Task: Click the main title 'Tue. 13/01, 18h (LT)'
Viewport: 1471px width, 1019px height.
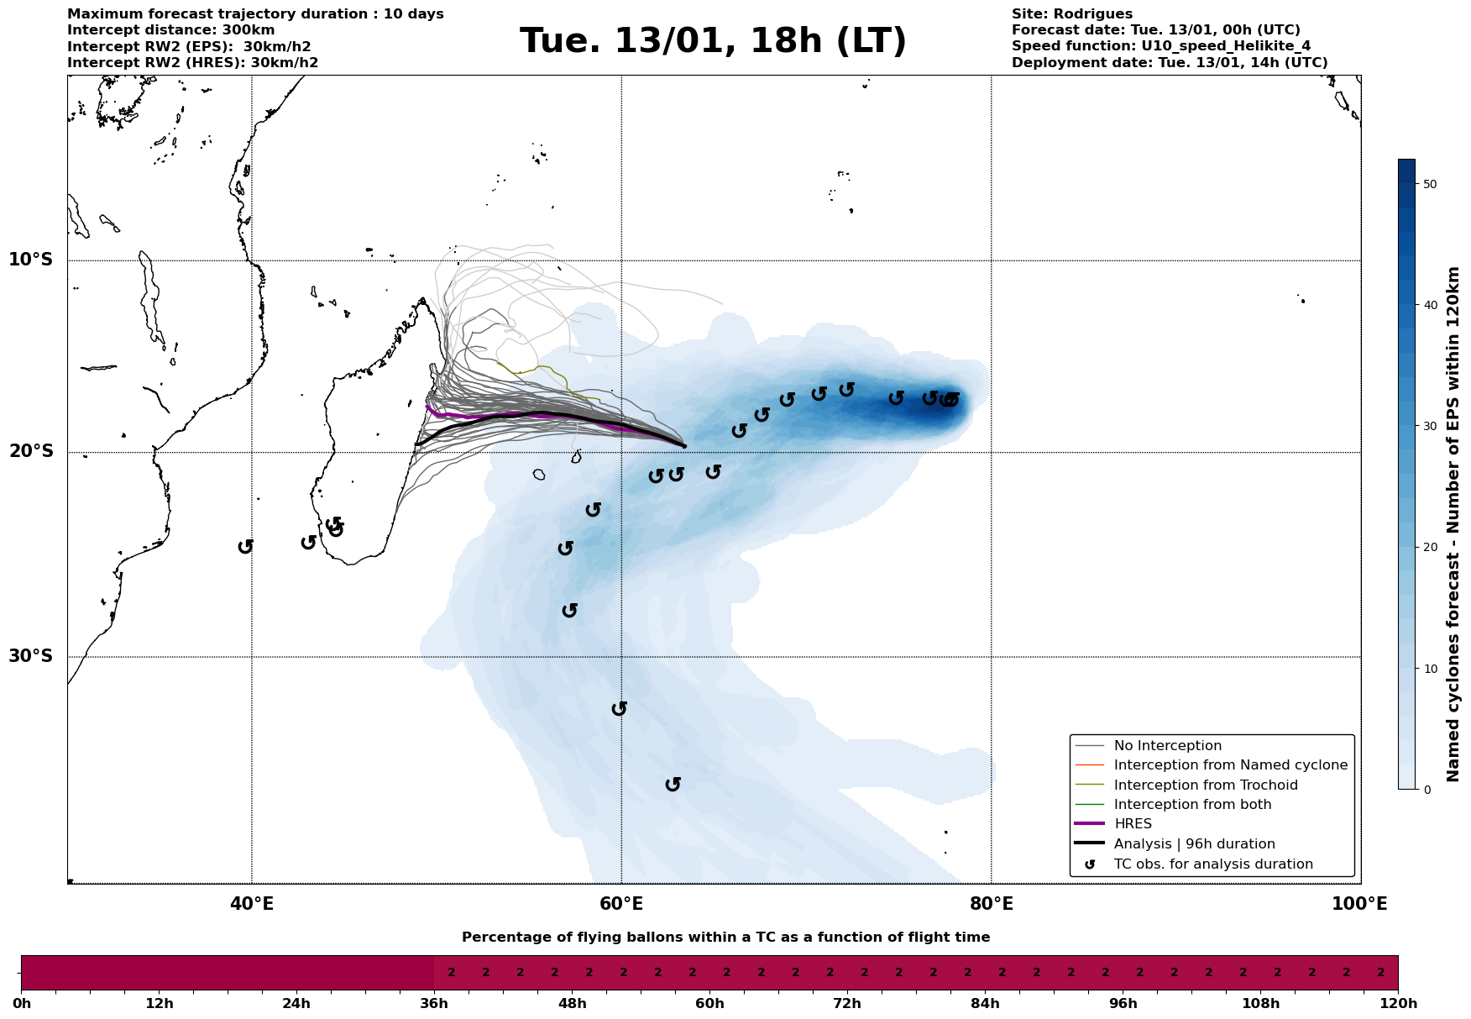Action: [x=713, y=41]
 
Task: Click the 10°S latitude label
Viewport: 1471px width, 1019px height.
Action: [x=31, y=260]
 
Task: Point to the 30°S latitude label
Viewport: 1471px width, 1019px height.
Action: [x=31, y=656]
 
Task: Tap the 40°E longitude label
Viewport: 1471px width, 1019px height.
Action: [x=252, y=905]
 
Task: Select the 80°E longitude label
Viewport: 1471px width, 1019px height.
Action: [x=991, y=905]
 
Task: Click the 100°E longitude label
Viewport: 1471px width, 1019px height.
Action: [x=1359, y=905]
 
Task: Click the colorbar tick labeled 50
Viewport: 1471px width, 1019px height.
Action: [x=1430, y=184]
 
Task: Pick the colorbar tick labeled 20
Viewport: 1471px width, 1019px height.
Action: [x=1430, y=548]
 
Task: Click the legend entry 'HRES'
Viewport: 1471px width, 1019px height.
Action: [x=1133, y=824]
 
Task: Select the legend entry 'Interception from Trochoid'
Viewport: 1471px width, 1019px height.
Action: [x=1205, y=785]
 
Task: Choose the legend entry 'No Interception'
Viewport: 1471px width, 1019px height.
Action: [x=1167, y=746]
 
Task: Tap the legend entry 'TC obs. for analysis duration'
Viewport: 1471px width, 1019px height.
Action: [x=1212, y=864]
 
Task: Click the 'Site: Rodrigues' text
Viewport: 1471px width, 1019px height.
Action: [x=1071, y=14]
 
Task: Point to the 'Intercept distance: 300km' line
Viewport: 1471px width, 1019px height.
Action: [x=170, y=30]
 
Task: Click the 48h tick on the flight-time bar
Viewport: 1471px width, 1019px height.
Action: [x=572, y=1004]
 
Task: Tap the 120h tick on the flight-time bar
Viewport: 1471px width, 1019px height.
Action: [x=1397, y=1004]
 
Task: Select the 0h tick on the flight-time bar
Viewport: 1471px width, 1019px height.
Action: [x=22, y=1004]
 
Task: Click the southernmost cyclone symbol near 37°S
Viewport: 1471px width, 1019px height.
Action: [x=673, y=784]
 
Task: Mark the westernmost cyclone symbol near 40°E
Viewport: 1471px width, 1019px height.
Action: [x=245, y=546]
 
